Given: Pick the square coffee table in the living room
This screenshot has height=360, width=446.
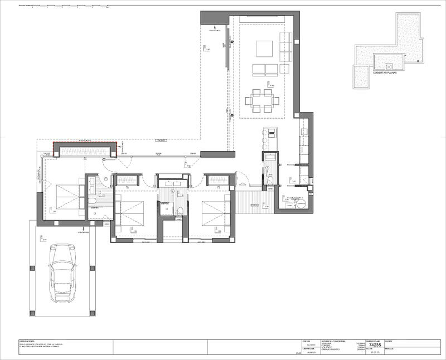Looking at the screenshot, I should (264, 49).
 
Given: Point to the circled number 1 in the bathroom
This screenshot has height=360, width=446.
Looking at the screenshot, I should (104, 178).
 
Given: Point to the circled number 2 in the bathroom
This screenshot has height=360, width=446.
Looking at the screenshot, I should (173, 191).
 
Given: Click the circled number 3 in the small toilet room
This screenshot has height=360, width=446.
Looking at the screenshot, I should (267, 168).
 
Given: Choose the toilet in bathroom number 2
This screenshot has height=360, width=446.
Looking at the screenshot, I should (180, 210).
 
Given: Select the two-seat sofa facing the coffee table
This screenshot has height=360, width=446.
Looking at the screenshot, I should (265, 70).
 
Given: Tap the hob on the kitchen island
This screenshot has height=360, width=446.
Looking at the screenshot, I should (272, 133).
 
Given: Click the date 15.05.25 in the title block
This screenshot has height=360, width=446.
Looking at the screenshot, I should (375, 353).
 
